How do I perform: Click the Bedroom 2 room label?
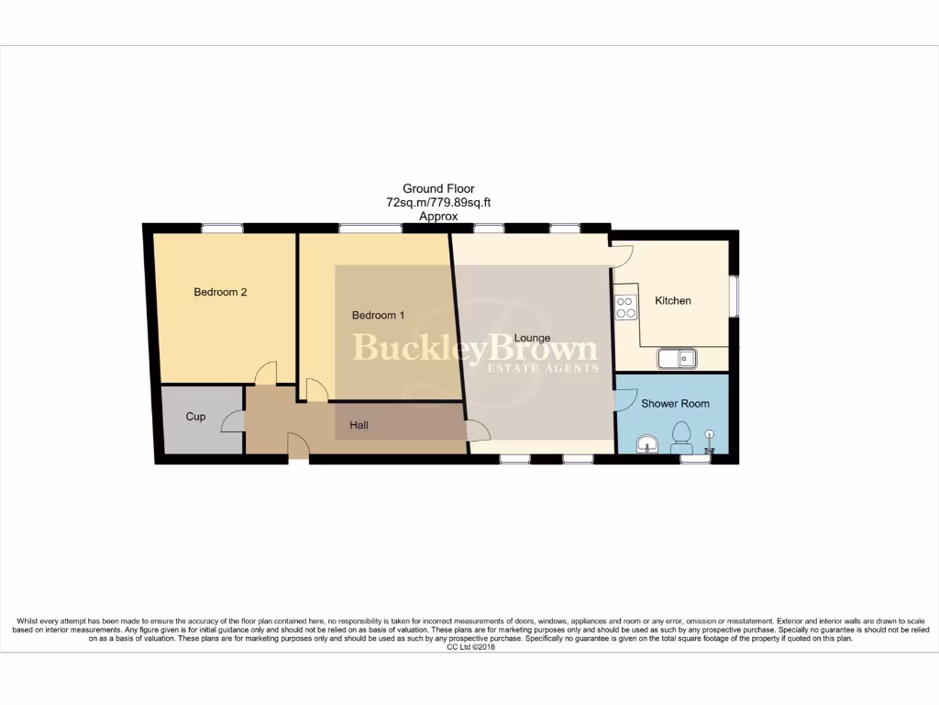pyautogui.click(x=220, y=292)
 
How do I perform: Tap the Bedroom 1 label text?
pyautogui.click(x=379, y=315)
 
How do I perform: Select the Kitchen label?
pyautogui.click(x=672, y=300)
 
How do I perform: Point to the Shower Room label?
pyautogui.click(x=675, y=403)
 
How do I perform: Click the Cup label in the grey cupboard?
pyautogui.click(x=195, y=416)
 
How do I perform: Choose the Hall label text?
pyautogui.click(x=359, y=425)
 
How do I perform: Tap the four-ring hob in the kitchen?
pyautogui.click(x=626, y=308)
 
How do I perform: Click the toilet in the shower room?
pyautogui.click(x=681, y=435)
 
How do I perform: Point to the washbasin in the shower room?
pyautogui.click(x=648, y=444)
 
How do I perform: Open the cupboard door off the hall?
pyautogui.click(x=233, y=420)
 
